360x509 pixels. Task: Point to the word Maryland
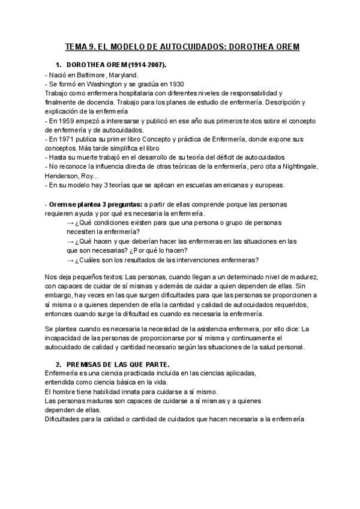123,74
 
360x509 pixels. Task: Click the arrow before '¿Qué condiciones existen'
70,223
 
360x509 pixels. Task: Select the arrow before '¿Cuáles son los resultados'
70,260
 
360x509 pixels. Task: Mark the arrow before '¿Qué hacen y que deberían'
70,241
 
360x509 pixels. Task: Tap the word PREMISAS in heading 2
87,364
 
